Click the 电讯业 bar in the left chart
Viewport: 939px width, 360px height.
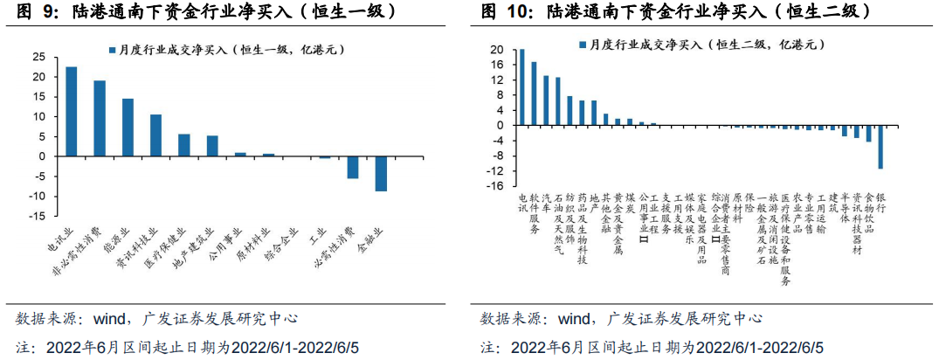tap(72, 111)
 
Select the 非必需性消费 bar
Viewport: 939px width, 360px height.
tap(100, 118)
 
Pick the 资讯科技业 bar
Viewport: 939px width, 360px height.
tap(155, 135)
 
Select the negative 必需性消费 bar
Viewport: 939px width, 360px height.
tap(353, 167)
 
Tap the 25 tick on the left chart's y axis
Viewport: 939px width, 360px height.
tap(38, 57)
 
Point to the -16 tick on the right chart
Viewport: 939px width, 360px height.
tap(495, 186)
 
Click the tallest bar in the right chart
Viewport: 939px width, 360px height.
tap(521, 87)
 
